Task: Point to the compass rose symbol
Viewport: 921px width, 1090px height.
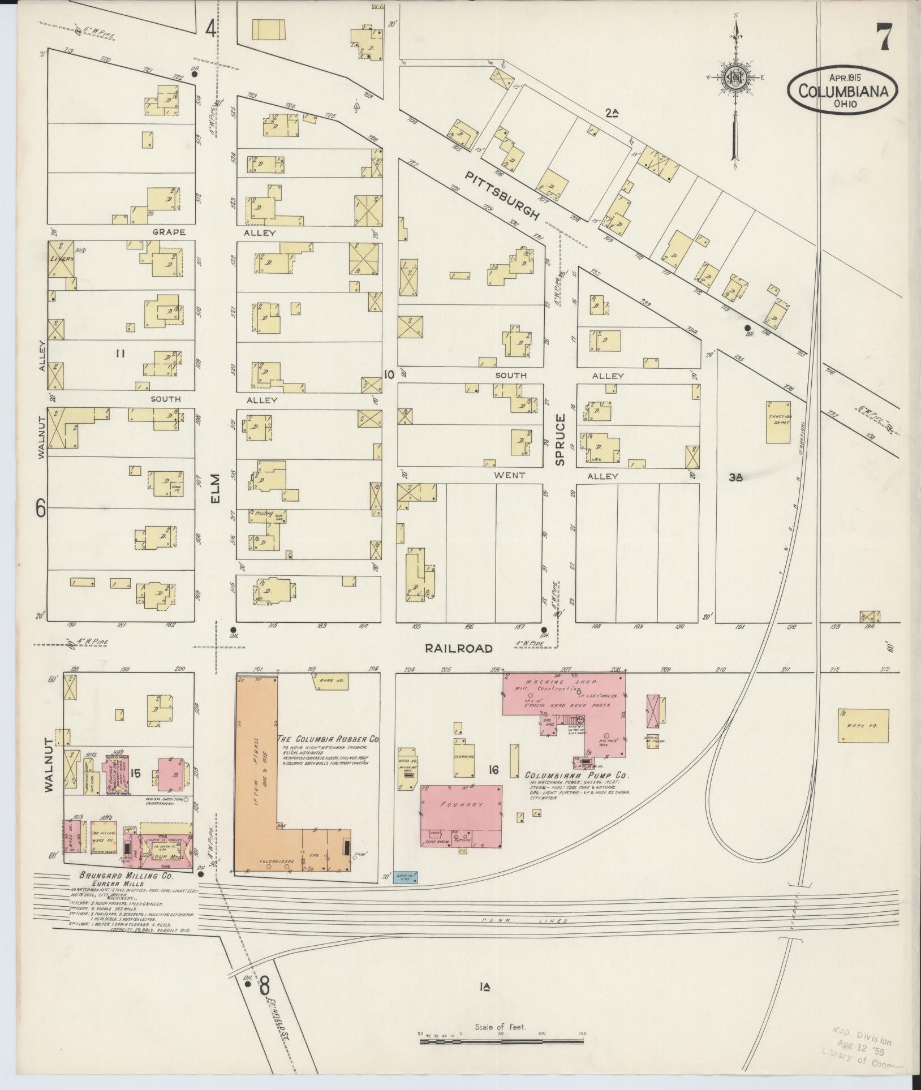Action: click(x=735, y=79)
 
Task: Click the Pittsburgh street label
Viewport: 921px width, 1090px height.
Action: click(x=501, y=196)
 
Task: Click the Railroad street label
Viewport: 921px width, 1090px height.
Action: click(x=459, y=648)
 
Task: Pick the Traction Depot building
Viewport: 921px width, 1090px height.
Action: click(x=779, y=422)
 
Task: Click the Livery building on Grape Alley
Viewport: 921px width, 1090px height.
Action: click(x=61, y=259)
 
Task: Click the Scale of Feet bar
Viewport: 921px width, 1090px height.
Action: click(x=501, y=1055)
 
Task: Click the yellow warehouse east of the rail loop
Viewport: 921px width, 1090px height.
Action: click(x=863, y=726)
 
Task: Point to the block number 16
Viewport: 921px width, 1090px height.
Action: click(x=493, y=770)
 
